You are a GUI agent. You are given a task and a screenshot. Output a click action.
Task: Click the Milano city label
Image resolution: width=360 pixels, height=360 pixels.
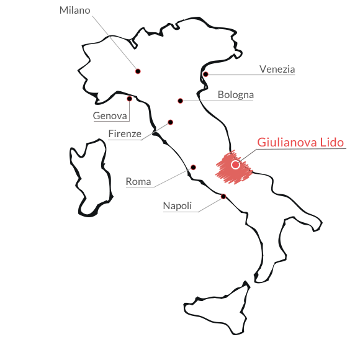click(75, 11)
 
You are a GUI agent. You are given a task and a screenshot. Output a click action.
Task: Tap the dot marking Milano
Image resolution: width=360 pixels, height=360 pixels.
click(138, 71)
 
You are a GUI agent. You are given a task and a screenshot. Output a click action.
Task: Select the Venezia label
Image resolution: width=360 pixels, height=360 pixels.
click(277, 69)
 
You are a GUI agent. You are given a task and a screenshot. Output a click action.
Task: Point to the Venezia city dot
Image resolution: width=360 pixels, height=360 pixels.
click(205, 74)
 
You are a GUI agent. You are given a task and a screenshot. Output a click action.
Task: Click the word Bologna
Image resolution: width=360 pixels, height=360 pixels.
click(236, 95)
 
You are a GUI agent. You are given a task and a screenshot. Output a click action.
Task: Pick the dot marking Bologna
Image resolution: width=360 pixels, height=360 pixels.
click(180, 101)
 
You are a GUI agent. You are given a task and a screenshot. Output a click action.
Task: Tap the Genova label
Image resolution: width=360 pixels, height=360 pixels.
click(110, 115)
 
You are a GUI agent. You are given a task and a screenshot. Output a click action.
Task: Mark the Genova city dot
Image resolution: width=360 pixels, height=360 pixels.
click(130, 99)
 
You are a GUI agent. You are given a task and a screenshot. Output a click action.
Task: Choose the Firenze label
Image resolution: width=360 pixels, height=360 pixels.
click(125, 133)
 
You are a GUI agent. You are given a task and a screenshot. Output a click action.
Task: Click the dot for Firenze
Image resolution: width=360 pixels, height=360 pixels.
click(170, 122)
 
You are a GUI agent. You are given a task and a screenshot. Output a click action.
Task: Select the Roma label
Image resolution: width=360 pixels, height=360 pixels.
click(138, 182)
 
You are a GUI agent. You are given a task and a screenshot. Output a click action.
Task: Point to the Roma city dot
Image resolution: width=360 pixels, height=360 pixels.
click(193, 168)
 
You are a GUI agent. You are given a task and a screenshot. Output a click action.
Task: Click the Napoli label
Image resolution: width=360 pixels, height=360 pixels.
click(178, 206)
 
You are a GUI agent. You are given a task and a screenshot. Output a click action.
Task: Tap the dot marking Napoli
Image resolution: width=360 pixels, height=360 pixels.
click(223, 197)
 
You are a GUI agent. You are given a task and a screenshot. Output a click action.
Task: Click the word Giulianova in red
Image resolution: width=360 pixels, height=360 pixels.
click(287, 142)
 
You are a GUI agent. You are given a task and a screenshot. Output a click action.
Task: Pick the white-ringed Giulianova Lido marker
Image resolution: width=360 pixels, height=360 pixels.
click(235, 164)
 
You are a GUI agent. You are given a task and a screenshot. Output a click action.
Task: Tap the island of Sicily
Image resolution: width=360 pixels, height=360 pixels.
click(217, 308)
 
